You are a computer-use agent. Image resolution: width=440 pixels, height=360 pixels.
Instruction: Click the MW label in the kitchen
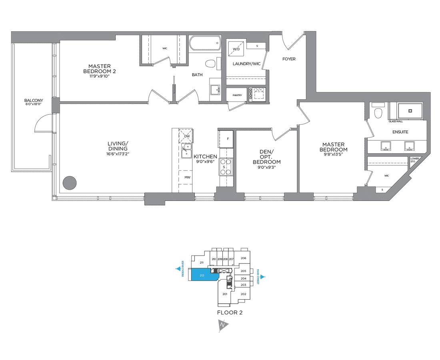(x=187, y=177)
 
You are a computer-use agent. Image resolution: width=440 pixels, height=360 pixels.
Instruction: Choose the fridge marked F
(x=225, y=139)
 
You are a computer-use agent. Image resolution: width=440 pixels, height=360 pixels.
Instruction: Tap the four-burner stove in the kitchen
(x=225, y=167)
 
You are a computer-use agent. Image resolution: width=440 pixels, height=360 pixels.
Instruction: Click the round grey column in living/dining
(x=70, y=182)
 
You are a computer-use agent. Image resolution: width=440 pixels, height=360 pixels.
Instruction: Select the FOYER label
(x=289, y=59)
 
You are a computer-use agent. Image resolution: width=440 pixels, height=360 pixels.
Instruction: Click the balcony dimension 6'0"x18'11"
(x=34, y=105)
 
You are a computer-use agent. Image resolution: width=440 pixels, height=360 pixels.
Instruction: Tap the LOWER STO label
(x=414, y=160)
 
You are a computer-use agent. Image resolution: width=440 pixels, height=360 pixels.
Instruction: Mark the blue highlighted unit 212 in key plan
(x=203, y=275)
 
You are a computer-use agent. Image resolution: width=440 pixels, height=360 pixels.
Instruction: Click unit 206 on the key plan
(x=243, y=258)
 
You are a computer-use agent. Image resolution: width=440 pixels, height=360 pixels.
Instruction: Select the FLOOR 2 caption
(x=230, y=312)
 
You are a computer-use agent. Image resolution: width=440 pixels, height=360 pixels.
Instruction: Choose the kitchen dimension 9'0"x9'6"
(x=205, y=162)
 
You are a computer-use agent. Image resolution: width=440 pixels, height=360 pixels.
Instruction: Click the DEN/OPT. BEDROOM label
(x=266, y=157)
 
